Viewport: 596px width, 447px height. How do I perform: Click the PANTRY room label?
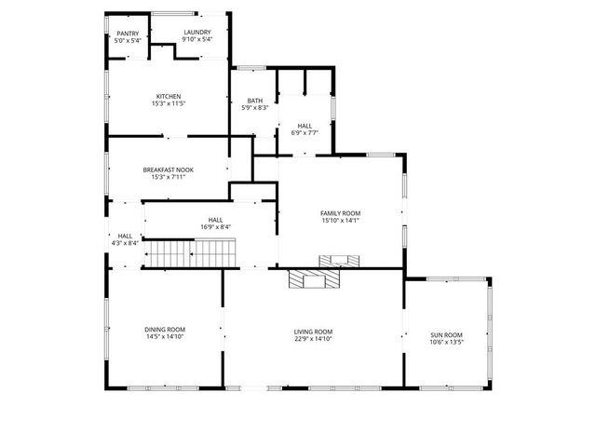(128, 34)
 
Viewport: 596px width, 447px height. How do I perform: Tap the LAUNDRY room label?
(196, 33)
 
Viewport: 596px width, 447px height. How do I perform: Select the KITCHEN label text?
(169, 96)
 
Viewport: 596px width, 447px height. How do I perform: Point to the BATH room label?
(255, 101)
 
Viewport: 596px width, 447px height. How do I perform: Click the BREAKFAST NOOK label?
(169, 169)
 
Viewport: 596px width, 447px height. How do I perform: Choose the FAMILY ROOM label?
(340, 213)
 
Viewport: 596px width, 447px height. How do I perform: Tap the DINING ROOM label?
(165, 330)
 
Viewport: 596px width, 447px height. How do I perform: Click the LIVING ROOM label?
(313, 332)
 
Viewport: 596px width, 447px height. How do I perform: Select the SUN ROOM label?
(446, 335)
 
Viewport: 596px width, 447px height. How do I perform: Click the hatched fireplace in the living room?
(314, 278)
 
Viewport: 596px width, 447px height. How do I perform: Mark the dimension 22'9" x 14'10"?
(313, 339)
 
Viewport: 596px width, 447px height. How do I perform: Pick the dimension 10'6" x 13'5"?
(446, 343)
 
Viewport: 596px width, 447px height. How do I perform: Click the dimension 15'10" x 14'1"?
(340, 221)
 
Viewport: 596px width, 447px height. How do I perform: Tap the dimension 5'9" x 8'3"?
(255, 108)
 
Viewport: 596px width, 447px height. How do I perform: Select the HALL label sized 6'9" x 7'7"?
(305, 126)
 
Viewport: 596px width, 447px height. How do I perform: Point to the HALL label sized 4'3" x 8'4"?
(125, 236)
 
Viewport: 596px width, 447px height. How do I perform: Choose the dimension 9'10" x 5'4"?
(196, 40)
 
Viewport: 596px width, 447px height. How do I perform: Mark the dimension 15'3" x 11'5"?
(169, 103)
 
